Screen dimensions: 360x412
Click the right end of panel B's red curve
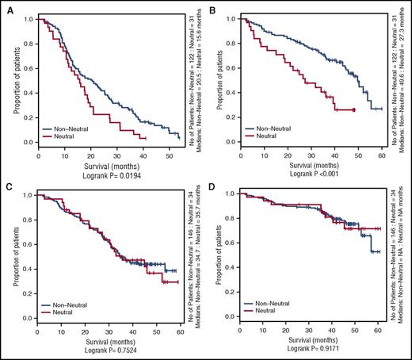353,109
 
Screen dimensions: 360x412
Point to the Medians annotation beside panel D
405,262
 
